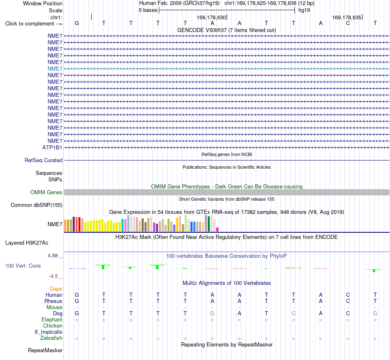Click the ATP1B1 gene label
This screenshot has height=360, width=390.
point(52,147)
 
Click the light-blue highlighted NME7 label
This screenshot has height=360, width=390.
point(55,69)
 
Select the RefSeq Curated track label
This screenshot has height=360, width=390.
point(44,161)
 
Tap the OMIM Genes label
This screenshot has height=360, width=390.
point(46,192)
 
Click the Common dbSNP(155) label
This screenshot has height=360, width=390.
point(37,205)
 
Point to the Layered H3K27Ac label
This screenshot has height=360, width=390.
point(27,243)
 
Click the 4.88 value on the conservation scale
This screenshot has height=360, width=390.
point(53,256)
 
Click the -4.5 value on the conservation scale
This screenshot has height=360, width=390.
point(53,276)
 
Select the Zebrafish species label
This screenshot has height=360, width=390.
point(51,338)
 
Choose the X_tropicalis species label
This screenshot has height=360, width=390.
point(48,332)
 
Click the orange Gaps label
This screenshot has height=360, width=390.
point(56,289)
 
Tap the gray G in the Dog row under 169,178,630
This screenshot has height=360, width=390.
point(212,314)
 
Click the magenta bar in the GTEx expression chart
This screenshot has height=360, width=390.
point(218,229)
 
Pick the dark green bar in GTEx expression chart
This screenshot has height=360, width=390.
point(209,224)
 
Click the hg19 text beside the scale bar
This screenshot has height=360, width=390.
point(304,10)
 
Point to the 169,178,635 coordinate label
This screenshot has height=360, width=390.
point(347,17)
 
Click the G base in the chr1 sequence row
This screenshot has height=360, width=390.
point(77,23)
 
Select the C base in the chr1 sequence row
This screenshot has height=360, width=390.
point(348,23)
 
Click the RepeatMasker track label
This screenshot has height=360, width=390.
point(45,350)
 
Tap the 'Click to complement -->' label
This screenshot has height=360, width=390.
point(34,24)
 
